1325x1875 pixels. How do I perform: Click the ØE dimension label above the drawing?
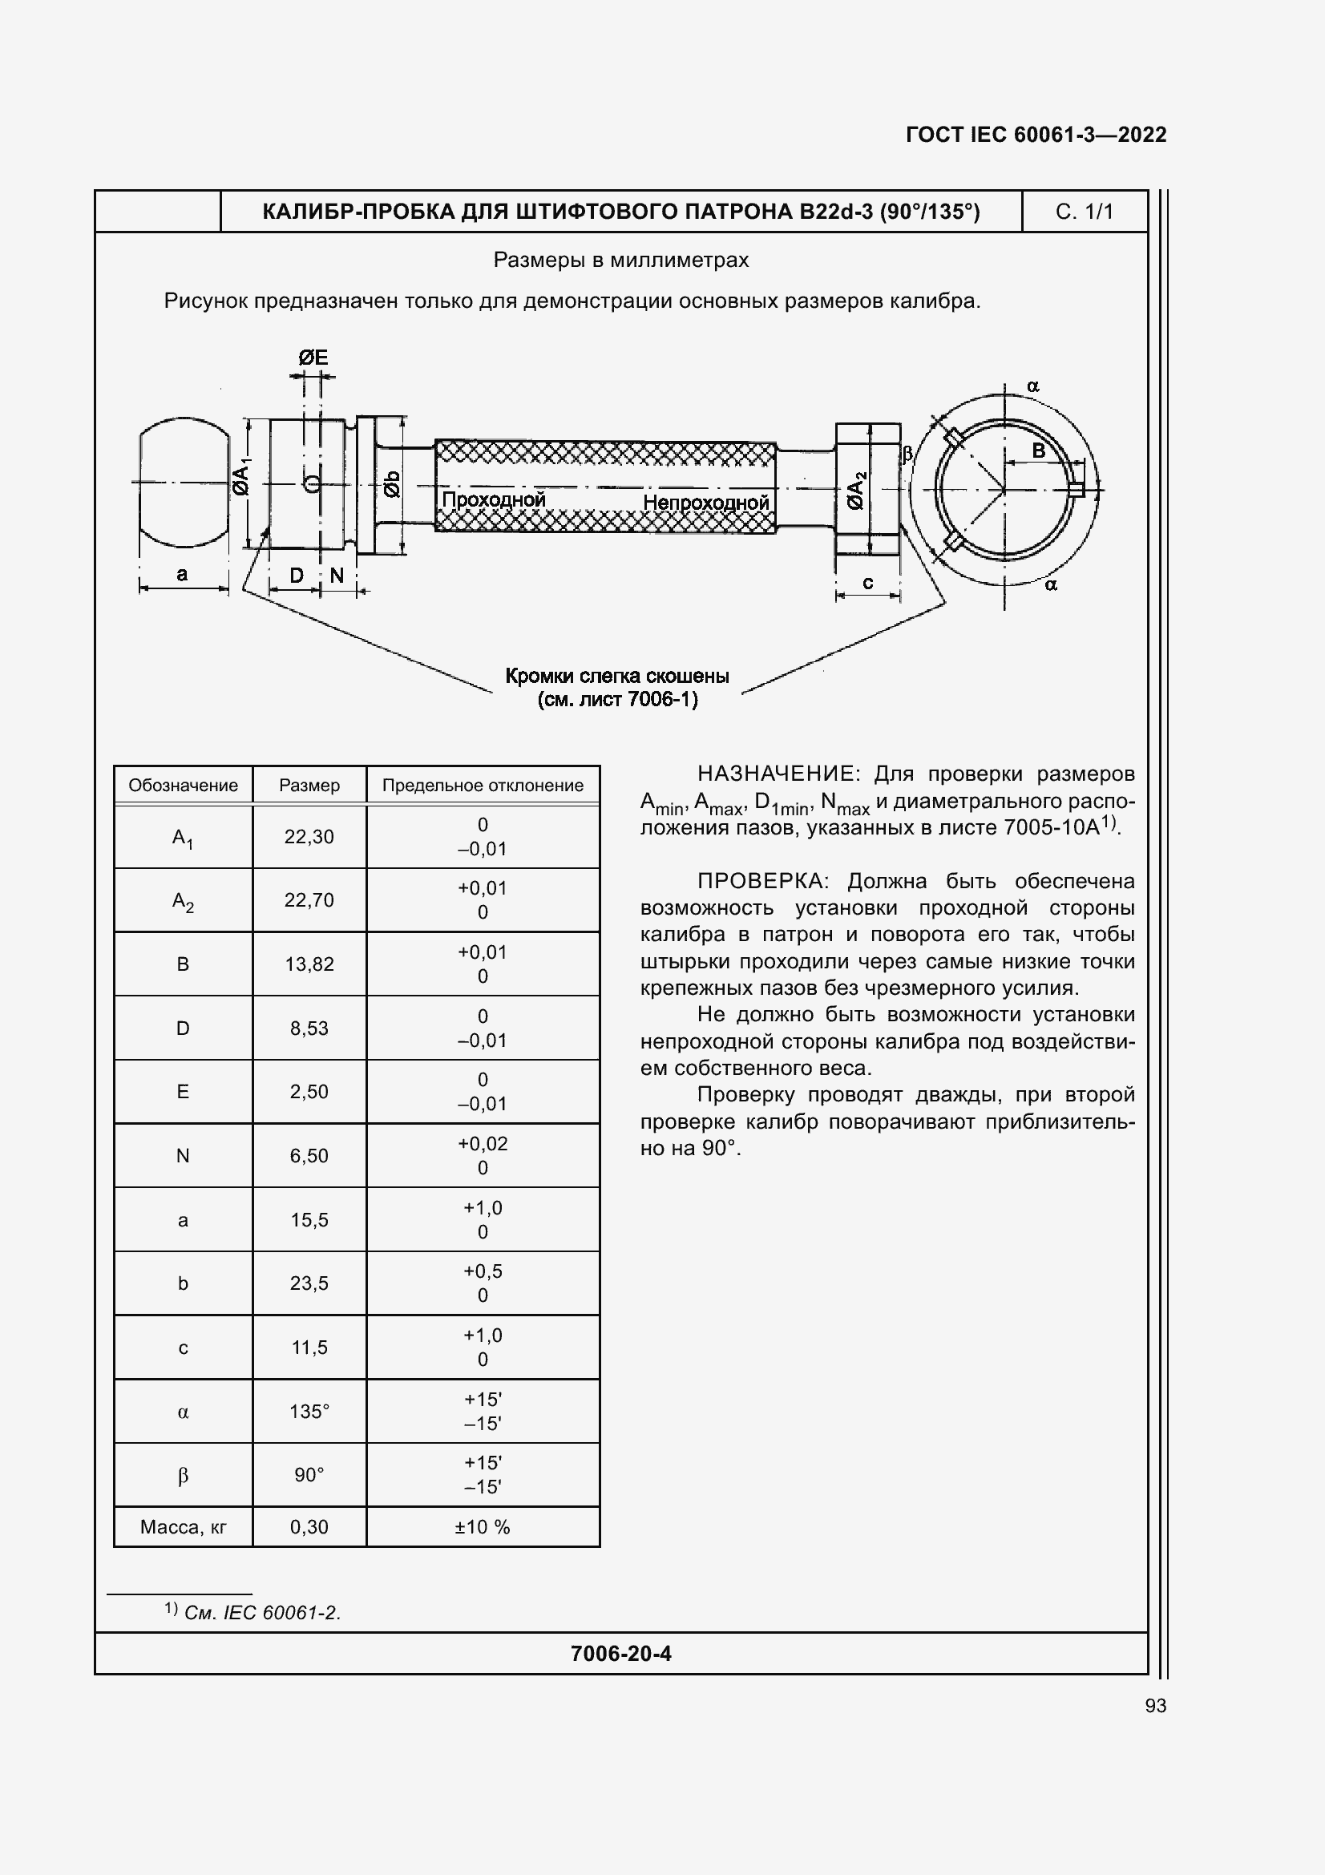(313, 357)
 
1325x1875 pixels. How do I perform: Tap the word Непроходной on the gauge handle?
(705, 503)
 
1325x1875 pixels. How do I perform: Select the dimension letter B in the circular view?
(1039, 451)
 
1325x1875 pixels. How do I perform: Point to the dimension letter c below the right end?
(868, 582)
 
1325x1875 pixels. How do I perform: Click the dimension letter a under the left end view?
(182, 574)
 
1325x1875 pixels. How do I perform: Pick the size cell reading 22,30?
(309, 836)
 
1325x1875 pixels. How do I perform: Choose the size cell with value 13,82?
(309, 964)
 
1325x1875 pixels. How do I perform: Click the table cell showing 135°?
(309, 1411)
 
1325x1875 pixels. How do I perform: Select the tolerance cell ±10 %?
(482, 1526)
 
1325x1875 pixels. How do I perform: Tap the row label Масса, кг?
(183, 1526)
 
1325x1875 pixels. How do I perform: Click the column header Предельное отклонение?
(483, 785)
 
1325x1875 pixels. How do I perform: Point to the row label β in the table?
(183, 1475)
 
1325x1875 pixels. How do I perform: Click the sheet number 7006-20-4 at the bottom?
(620, 1653)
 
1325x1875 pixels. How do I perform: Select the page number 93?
(1155, 1705)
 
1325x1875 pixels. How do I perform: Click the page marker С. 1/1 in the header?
(1084, 212)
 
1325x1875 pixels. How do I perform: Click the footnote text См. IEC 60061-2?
(261, 1612)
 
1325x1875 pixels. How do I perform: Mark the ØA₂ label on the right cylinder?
(855, 490)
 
